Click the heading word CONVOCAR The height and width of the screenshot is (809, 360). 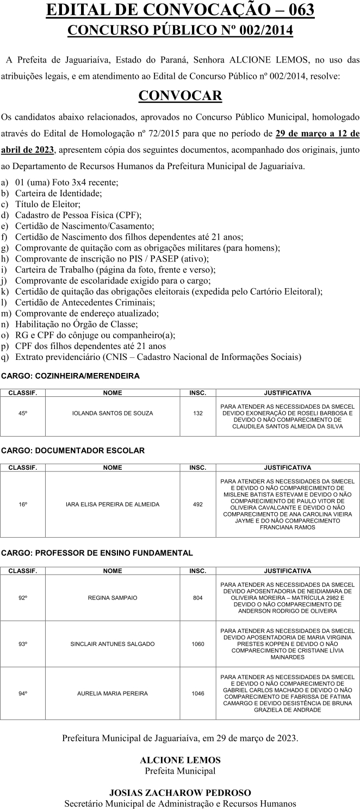180,96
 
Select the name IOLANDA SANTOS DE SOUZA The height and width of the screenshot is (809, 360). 113,413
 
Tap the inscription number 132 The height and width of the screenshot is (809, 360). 197,413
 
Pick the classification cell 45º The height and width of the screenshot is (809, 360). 23,413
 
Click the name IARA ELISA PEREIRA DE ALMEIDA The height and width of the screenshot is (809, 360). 113,505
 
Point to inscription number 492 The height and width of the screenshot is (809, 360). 197,505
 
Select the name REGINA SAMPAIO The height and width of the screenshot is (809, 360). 113,598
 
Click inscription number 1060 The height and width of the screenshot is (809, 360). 197,644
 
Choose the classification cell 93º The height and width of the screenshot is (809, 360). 23,644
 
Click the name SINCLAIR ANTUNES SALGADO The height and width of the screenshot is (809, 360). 113,644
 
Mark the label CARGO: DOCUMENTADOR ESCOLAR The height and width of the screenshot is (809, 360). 73,451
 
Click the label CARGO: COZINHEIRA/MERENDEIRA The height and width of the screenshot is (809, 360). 70,376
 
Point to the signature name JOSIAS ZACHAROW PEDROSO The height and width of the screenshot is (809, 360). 180,793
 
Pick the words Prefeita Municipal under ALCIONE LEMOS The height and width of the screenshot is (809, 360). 180,770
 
